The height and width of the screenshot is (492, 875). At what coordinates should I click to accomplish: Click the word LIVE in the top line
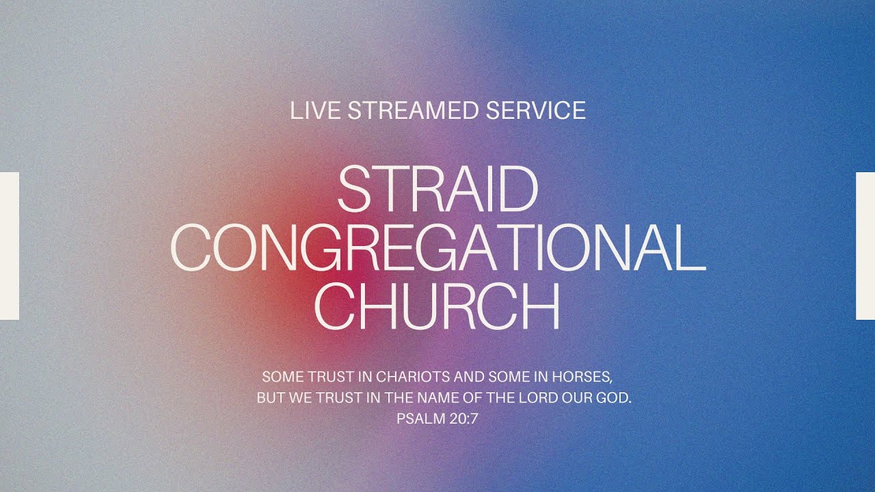pos(315,110)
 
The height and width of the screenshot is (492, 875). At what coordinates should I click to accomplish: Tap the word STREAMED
pos(413,110)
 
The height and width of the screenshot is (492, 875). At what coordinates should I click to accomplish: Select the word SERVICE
pos(535,110)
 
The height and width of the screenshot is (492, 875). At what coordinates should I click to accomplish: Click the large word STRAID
pos(438,189)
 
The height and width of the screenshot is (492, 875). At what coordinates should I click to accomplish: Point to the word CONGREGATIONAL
pos(438,248)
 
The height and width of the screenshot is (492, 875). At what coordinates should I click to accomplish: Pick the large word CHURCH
pos(437,306)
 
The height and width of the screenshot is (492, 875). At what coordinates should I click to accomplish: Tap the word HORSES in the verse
pos(582,377)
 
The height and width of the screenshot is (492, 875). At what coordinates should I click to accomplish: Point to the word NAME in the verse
pos(438,398)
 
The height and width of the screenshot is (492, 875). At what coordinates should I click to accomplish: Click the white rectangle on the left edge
pos(10,246)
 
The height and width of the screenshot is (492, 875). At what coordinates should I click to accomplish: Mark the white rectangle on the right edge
pos(865,246)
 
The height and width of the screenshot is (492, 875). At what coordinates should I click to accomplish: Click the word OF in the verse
pos(471,398)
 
